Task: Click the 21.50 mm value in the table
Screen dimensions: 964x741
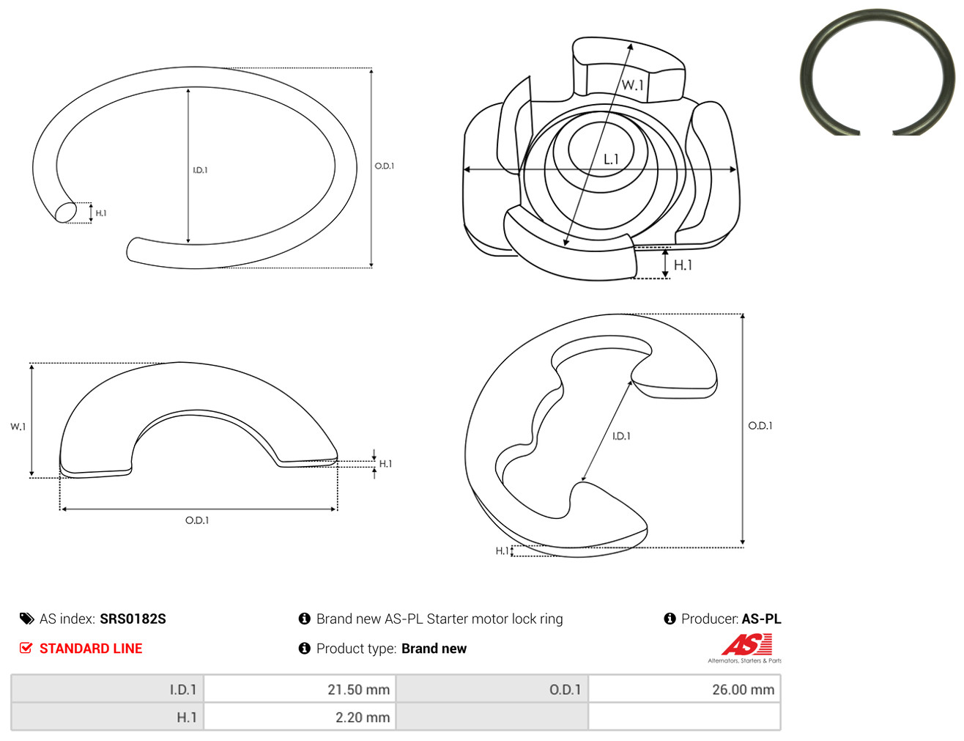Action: coord(358,689)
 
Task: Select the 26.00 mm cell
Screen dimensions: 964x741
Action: coord(683,689)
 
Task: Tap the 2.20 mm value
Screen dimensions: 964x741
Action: coord(363,717)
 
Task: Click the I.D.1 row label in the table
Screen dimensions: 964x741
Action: coord(183,689)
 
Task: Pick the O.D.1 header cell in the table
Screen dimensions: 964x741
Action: coord(492,689)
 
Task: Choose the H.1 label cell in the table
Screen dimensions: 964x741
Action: coord(108,717)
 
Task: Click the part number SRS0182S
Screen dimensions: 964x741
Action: coord(133,619)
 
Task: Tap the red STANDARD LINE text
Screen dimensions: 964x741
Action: coord(91,648)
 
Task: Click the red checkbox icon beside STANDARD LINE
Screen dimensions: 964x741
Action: coord(26,648)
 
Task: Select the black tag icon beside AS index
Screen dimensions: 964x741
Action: coord(26,619)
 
